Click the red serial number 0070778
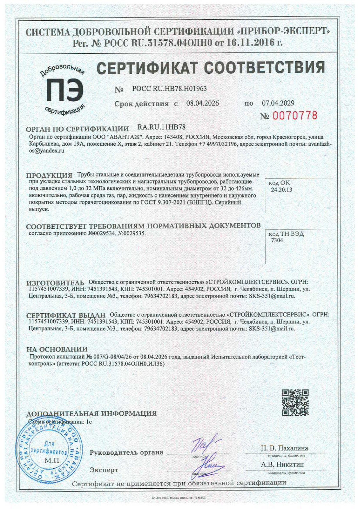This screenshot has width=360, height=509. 295,116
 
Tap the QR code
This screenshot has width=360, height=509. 295,402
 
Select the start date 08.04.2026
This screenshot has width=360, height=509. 202,103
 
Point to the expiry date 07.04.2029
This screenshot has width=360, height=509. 278,103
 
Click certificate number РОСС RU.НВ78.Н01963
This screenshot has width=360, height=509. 169,89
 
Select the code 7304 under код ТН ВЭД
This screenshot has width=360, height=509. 277,240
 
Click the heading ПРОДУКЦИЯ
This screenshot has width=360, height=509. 49,175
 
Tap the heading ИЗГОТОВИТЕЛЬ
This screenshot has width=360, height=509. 55,283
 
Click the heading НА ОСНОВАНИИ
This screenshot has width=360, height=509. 57,349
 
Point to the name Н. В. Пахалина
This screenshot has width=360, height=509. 284,448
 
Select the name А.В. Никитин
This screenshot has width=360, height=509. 282,464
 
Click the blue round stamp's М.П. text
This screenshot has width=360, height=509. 53,461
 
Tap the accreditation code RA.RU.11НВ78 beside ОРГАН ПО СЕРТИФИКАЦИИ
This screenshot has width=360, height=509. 161,127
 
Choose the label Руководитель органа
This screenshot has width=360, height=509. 126,452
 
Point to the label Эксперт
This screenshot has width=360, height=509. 104,470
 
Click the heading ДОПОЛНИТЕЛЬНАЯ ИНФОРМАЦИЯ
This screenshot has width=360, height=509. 91,413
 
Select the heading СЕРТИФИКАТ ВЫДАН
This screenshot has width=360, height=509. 66,315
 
